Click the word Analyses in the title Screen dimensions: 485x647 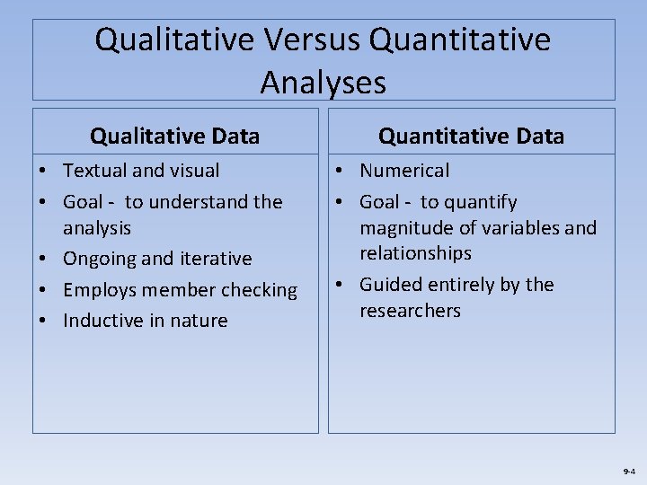pyautogui.click(x=323, y=83)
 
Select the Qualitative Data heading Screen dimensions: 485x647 pyautogui.click(x=174, y=137)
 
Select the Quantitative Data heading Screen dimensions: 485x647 pyautogui.click(x=471, y=137)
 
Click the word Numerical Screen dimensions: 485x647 pyautogui.click(x=404, y=171)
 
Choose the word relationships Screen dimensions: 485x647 pyautogui.click(x=415, y=253)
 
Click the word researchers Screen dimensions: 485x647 pyautogui.click(x=410, y=311)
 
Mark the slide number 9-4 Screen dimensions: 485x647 pyautogui.click(x=627, y=471)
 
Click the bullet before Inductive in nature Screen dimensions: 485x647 pyautogui.click(x=44, y=321)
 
